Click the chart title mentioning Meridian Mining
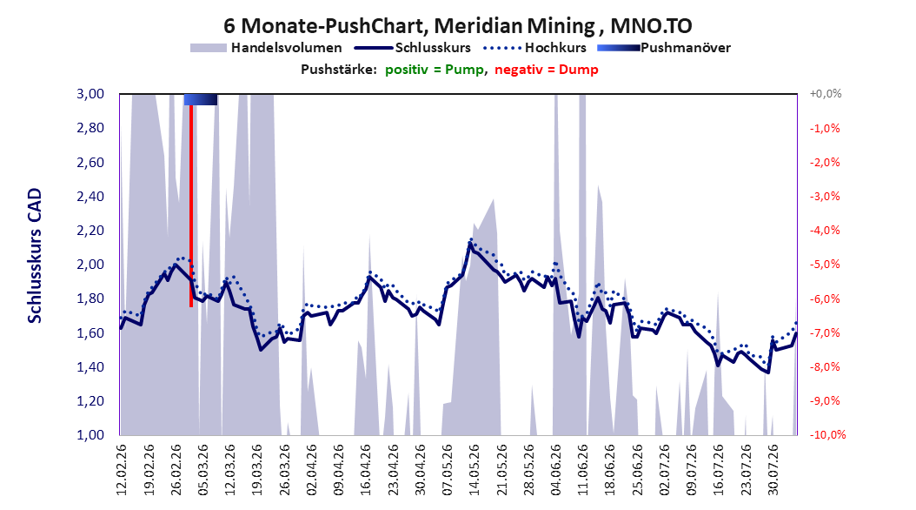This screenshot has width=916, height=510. click(457, 26)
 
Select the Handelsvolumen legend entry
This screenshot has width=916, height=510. click(266, 48)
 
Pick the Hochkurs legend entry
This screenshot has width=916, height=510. click(534, 48)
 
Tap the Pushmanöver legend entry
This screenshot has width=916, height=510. click(664, 48)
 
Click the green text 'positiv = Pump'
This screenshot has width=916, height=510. click(435, 70)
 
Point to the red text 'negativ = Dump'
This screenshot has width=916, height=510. click(547, 70)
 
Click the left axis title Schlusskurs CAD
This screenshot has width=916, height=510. click(35, 256)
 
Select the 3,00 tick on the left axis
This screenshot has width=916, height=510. click(90, 94)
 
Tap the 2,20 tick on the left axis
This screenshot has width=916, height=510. click(90, 231)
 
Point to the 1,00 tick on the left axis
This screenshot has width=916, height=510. click(90, 434)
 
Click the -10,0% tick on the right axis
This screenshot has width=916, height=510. click(827, 434)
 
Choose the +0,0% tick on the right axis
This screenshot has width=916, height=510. click(826, 94)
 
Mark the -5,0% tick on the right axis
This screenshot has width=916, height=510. click(825, 265)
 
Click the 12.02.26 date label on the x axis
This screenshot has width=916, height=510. click(122, 470)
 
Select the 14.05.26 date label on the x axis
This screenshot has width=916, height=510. click(475, 470)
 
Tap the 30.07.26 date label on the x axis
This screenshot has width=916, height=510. click(773, 470)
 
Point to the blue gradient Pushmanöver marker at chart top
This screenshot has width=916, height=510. click(201, 99)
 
